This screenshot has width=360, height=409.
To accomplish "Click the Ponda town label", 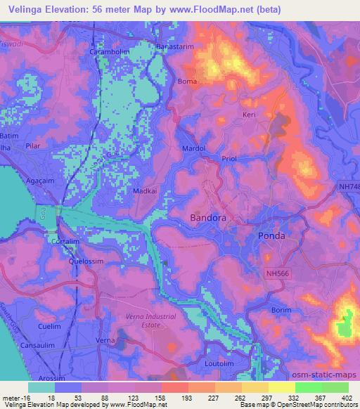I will [x=271, y=235].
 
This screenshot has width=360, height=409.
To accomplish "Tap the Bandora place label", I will [x=209, y=219].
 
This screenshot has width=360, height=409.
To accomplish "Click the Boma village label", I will [x=188, y=82].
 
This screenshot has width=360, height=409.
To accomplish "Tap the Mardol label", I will [x=193, y=149].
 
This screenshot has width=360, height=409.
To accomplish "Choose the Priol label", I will [x=231, y=160].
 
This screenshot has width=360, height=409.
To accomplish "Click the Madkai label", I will [x=143, y=190].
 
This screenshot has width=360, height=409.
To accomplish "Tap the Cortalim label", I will [x=65, y=241].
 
